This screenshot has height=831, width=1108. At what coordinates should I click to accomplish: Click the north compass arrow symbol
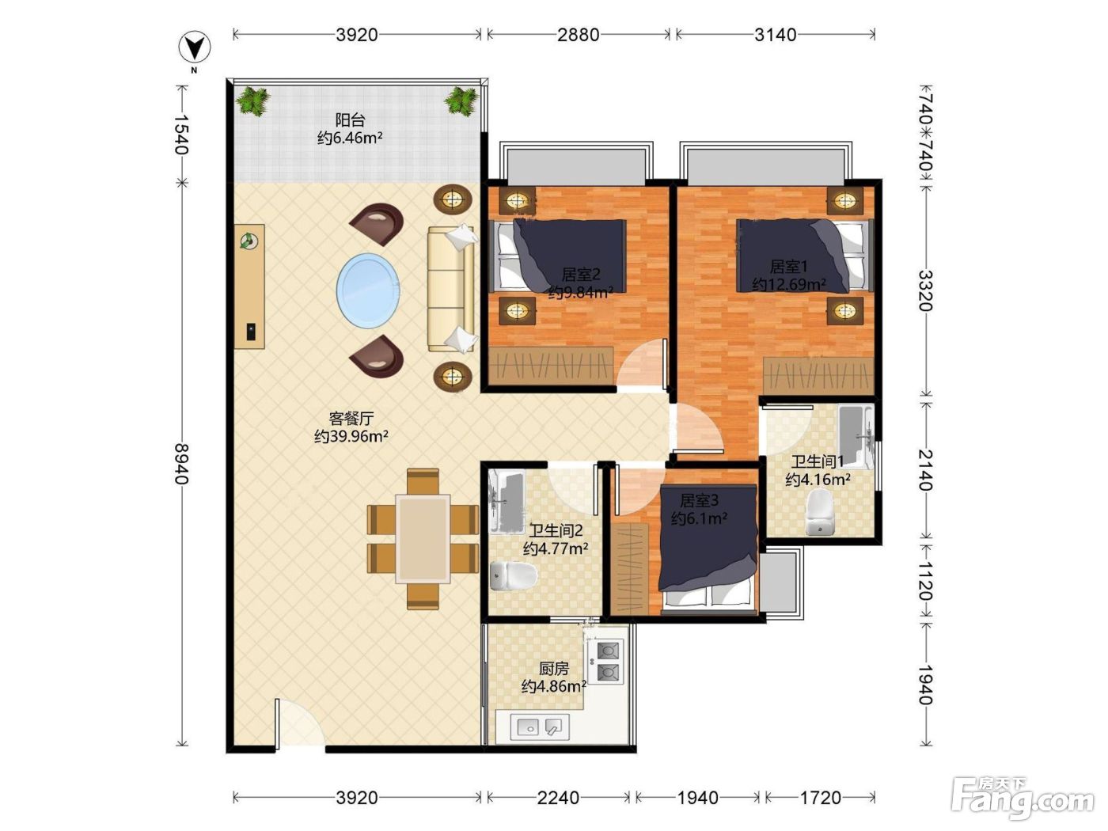coord(195,47)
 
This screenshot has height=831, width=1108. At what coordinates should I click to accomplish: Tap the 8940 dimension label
coord(182,464)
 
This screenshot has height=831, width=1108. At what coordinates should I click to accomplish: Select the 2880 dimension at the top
coord(578,35)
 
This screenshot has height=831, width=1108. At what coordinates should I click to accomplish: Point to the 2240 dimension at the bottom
coord(558,797)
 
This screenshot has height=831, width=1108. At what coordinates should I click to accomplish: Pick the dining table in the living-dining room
coord(423,539)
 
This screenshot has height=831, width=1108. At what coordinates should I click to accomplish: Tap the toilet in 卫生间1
coord(819,511)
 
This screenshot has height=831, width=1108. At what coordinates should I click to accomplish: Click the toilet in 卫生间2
coord(513,575)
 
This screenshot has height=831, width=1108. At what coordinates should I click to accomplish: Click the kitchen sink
coord(540,727)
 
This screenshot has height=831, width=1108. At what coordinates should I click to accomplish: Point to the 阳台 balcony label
coord(350,120)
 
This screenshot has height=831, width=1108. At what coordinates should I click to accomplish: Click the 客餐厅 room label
coord(351,419)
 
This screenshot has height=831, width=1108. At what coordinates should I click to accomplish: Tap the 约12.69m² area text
coord(788,284)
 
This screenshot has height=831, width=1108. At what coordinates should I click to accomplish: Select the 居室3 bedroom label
coord(699,500)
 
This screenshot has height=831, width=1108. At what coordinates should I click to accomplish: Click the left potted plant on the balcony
coord(253,101)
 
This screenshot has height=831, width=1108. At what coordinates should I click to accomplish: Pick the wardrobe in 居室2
coord(551,366)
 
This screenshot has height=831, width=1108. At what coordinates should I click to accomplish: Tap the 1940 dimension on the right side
coord(924,684)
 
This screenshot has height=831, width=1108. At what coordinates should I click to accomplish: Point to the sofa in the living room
coord(451,289)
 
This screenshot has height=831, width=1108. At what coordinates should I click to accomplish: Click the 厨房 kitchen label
coord(554,669)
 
